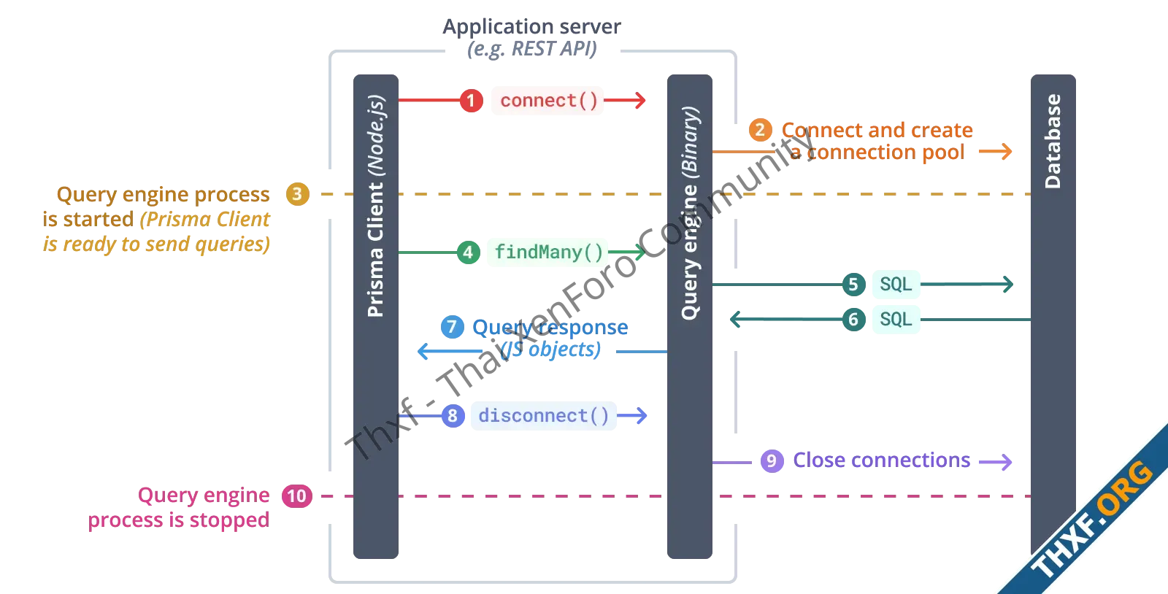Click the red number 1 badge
click(x=471, y=100)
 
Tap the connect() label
click(x=548, y=100)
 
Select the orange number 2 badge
click(x=760, y=130)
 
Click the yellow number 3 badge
click(x=297, y=194)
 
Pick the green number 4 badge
click(x=468, y=252)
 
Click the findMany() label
click(x=548, y=252)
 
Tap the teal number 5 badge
click(x=853, y=284)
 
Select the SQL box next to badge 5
click(x=896, y=284)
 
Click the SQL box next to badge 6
click(x=896, y=320)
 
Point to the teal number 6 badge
click(x=853, y=319)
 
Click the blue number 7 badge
click(x=452, y=326)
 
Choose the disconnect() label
click(x=543, y=415)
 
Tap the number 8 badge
click(x=453, y=416)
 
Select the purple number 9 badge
click(x=771, y=460)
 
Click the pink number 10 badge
click(x=296, y=496)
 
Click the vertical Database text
click(x=1053, y=142)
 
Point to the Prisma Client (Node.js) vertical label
click(x=376, y=206)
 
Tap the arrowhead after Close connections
click(x=1007, y=461)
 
